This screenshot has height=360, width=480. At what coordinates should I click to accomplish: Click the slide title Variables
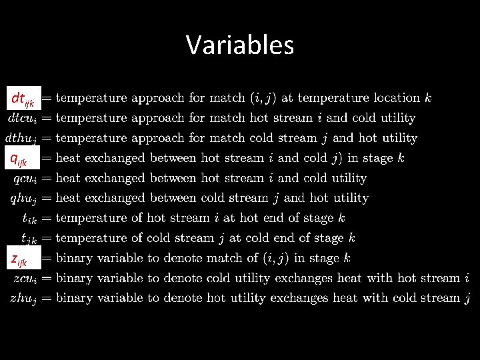[240, 45]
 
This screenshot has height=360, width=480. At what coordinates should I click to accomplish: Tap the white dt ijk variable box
[23, 99]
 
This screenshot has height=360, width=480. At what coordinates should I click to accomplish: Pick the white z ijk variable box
[23, 258]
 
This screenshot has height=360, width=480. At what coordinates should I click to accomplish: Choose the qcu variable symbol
[27, 179]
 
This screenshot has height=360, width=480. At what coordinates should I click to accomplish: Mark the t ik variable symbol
[31, 219]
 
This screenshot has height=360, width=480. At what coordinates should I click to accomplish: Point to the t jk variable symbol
[31, 239]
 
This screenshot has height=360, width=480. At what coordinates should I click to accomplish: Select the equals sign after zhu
[47, 298]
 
